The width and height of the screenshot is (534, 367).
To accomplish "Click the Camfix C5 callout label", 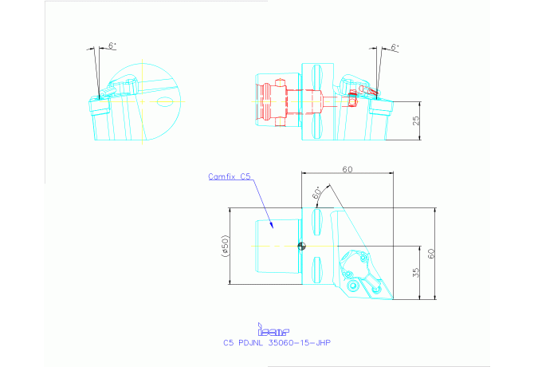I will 230,176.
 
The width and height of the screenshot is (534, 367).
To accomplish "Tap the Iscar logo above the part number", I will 273,329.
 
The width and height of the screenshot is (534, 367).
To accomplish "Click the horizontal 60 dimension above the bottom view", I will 347,169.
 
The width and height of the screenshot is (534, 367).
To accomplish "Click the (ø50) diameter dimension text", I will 226,246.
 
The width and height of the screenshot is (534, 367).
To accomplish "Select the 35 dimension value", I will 416,273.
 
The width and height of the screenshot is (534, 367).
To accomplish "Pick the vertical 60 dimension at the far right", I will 432,253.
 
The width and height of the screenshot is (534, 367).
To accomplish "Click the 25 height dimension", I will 416,121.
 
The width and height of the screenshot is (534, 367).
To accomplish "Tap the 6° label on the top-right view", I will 395,47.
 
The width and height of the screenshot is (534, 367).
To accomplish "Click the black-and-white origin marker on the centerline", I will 301,246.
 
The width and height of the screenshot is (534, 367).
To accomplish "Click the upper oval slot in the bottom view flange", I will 317,218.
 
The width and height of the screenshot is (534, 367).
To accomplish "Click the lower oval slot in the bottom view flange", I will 317,266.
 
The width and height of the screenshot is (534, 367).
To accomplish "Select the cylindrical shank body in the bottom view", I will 276,246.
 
